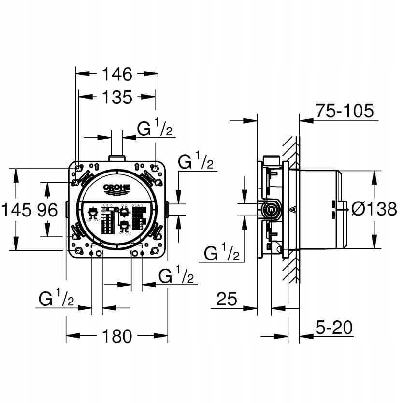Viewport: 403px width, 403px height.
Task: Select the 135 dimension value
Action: click(117, 97)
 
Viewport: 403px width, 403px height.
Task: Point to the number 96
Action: click(47, 210)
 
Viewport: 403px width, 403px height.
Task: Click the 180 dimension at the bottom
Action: click(117, 335)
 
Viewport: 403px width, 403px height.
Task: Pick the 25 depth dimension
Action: click(226, 300)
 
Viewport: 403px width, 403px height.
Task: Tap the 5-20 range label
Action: click(331, 329)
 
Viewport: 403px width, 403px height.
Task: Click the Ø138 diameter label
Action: click(374, 209)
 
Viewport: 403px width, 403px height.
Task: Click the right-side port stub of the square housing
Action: click(167, 210)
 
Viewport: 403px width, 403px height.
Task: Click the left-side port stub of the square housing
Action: click(67, 210)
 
